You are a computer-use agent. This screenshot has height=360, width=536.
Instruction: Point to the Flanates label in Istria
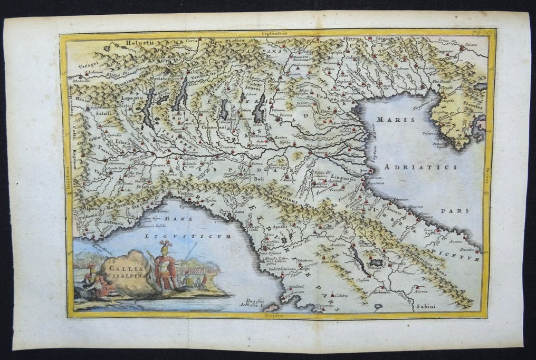[472, 106]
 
